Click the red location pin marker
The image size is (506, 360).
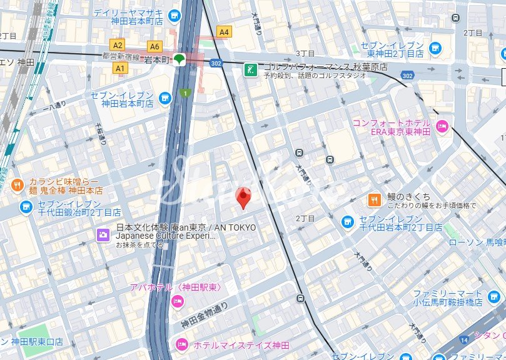coord(244,197)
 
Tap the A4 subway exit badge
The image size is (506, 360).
coord(223,32)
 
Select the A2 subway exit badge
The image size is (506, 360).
coord(117,45)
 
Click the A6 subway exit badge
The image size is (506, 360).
coord(154,46)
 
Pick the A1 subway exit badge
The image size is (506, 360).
coord(120,67)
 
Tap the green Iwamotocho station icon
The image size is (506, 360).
coord(180,60)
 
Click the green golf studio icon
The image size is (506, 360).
coord(250,69)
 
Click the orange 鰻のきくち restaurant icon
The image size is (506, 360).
coord(374,200)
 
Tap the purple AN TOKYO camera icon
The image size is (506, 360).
coord(102,235)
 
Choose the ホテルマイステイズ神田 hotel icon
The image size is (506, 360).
coord(182,344)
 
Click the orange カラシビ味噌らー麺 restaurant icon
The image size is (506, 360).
coord(17,184)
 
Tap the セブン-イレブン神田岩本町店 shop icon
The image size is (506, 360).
coord(164,98)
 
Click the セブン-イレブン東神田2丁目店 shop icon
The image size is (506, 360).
coord(435,47)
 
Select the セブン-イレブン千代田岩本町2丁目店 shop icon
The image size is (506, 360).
coord(348,222)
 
